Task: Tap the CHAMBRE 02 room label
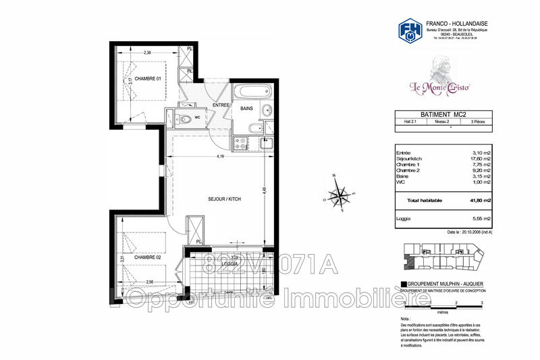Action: point(148,257)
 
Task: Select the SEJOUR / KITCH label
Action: point(223,199)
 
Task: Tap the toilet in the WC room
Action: point(186,120)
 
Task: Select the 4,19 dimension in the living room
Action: point(220,157)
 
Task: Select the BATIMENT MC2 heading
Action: point(436,115)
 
